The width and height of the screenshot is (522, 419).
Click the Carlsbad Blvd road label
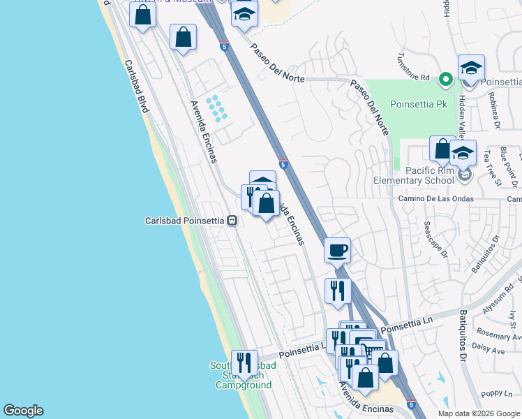point(137,87)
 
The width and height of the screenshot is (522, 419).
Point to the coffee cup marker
point(337,250)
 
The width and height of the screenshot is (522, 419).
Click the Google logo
point(23,411)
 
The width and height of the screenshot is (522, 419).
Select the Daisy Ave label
point(489,349)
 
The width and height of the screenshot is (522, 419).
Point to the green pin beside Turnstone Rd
point(445,79)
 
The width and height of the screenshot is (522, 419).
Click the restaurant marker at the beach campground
point(244,362)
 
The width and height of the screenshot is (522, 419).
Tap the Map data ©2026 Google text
point(478,413)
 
